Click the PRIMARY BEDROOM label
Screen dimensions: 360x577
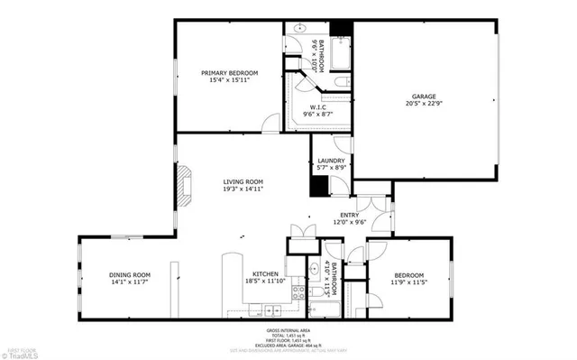[x=230, y=73]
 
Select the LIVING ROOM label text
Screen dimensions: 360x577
[x=243, y=182]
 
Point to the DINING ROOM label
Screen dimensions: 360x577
[x=131, y=275]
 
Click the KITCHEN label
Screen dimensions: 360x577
[x=264, y=274]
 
